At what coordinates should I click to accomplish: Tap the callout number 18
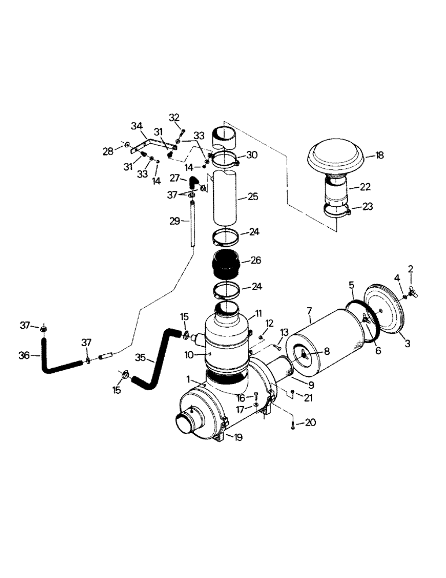378,155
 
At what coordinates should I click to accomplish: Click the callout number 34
136,125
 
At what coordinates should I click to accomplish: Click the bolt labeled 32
180,134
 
